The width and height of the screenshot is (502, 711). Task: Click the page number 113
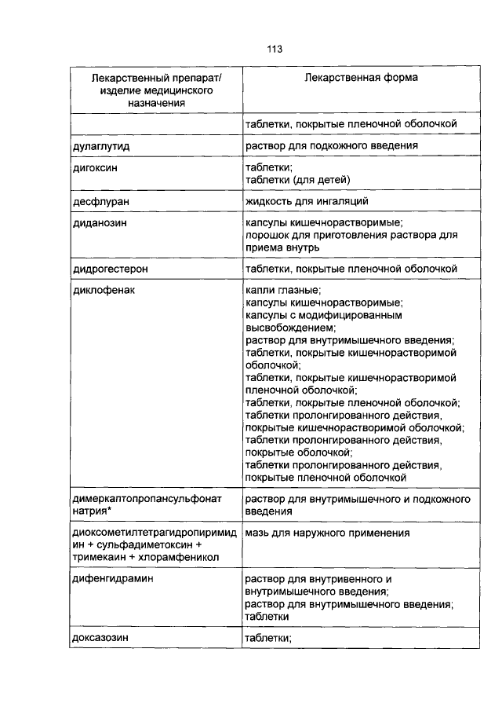[x=274, y=49]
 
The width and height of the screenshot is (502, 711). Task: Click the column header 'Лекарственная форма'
[x=361, y=79]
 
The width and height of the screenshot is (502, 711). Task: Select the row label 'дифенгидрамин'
[x=107, y=579]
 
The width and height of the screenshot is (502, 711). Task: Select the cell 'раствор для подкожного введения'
[x=331, y=146]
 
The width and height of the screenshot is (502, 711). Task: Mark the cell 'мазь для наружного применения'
[x=327, y=533]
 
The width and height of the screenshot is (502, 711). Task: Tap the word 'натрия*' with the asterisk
[x=91, y=511]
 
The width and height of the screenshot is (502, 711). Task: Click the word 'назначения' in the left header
[x=156, y=103]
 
